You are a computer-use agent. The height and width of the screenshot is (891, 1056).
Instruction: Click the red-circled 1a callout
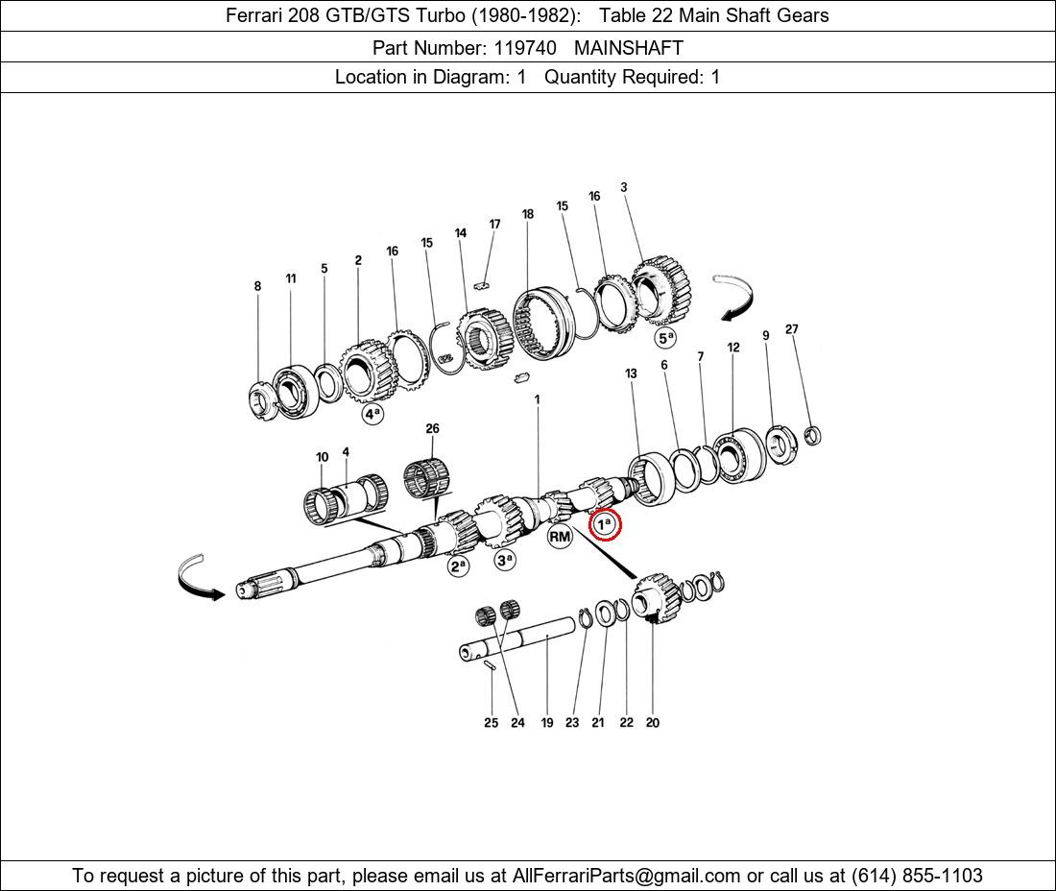point(604,524)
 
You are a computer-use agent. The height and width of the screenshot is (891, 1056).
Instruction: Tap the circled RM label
point(560,536)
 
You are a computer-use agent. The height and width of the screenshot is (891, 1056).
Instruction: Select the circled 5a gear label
point(665,337)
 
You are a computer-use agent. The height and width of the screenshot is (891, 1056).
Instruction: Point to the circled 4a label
point(372,414)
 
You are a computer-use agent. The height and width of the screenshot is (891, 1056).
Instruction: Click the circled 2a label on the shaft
point(459,566)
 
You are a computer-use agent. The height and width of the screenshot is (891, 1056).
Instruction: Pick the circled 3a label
point(504,559)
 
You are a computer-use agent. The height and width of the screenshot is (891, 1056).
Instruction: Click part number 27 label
point(791,329)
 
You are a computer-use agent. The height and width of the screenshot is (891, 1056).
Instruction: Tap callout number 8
point(257,286)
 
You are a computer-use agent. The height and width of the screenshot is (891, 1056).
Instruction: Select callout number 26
point(432,428)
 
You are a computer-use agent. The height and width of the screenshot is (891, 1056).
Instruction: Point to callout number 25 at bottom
point(491,723)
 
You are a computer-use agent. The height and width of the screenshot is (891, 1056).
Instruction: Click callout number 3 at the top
point(624,187)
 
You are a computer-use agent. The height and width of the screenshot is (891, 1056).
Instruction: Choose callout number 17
point(495,224)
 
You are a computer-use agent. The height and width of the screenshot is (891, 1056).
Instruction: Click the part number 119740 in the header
point(525,48)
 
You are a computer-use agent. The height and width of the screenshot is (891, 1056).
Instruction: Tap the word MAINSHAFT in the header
point(629,48)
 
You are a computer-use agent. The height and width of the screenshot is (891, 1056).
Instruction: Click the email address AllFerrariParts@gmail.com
point(626,876)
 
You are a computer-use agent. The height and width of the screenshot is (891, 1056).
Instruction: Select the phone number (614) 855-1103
point(917,876)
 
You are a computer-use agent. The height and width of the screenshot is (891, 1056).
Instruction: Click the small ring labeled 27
point(813,436)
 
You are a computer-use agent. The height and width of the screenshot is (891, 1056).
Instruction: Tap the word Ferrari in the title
point(253,15)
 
